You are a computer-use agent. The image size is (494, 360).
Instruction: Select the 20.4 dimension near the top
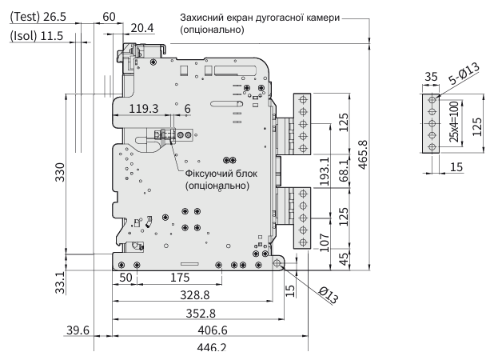click(141, 29)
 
